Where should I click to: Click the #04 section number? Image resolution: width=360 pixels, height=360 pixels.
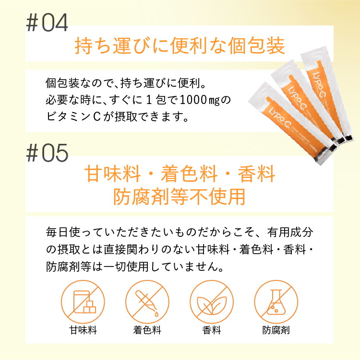[47, 23]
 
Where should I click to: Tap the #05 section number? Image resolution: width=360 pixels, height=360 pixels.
[47, 153]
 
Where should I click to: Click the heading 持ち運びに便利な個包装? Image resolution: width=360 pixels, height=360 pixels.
[180, 46]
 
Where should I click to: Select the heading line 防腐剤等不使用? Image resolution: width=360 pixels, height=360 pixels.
[180, 197]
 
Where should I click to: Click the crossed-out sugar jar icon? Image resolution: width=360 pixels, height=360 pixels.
[83, 302]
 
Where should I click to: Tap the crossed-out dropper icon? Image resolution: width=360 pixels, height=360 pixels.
[147, 302]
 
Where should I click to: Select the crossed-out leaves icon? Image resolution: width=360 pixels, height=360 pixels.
[212, 302]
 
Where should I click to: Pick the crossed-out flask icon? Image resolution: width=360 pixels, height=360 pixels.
[276, 302]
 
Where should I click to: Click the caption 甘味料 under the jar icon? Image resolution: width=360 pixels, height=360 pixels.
[83, 330]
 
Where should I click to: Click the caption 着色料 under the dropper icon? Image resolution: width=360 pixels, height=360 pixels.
[147, 330]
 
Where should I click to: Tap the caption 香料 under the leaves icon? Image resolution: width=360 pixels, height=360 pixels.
[212, 330]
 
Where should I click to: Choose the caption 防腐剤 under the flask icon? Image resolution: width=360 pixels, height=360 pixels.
[276, 330]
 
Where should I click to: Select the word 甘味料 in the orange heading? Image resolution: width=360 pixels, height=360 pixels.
[113, 174]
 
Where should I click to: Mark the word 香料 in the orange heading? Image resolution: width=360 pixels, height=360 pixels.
[256, 174]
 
